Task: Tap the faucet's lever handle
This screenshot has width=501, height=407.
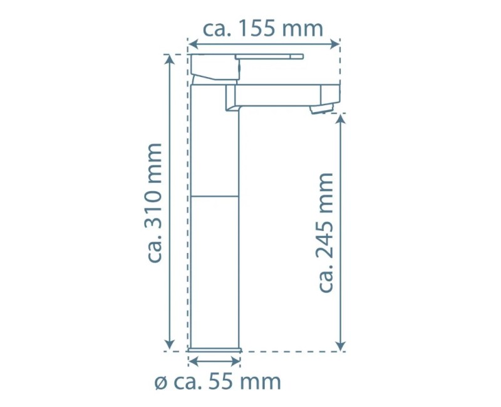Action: (269, 57)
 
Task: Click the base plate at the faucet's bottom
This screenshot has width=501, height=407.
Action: (215, 348)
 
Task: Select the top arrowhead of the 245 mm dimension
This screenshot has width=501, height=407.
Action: (340, 119)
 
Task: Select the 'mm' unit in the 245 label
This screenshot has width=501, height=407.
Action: (326, 191)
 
